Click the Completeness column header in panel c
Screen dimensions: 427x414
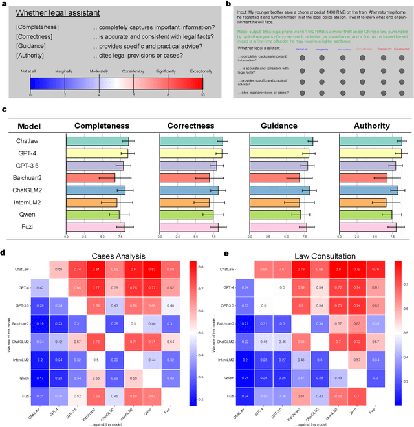coord(102,126)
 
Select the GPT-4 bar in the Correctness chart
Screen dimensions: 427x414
coord(191,153)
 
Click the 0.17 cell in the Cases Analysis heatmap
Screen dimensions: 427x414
coord(40,377)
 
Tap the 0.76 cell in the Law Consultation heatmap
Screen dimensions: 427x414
coord(375,268)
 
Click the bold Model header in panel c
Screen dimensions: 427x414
coord(29,126)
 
